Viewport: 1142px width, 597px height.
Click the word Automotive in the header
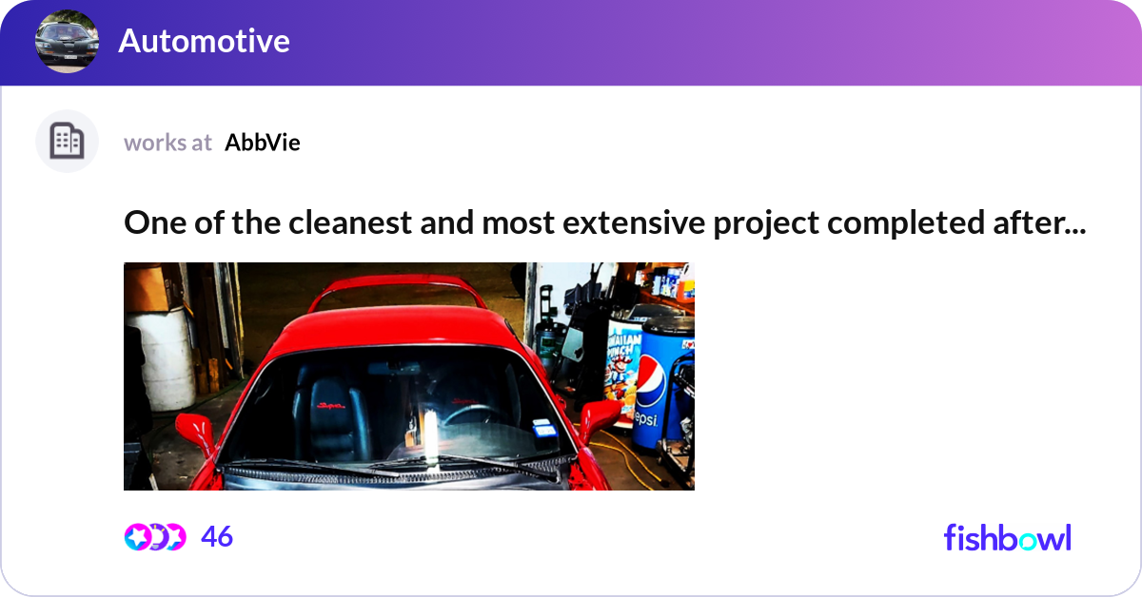204,42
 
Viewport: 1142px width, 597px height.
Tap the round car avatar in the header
68,42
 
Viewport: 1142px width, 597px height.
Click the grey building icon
67,142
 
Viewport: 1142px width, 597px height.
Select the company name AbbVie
263,143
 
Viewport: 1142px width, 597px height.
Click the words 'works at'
167,143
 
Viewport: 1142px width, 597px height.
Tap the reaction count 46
217,537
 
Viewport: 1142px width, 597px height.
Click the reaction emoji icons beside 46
154,537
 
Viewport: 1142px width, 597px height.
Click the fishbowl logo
1007,538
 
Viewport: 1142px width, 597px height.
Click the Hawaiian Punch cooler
623,366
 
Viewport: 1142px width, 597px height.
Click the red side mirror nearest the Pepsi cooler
600,418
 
